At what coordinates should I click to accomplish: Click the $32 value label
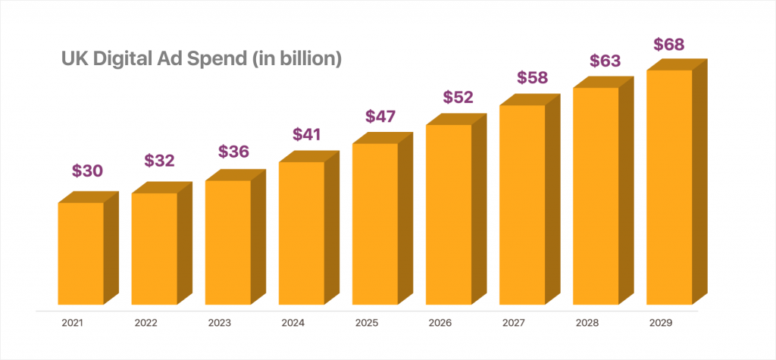click(159, 161)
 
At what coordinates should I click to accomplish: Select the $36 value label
click(233, 152)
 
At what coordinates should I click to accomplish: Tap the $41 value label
click(306, 134)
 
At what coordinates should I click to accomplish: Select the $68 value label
click(669, 44)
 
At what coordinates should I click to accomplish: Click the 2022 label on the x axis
click(147, 322)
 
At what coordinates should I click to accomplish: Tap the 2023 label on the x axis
click(221, 322)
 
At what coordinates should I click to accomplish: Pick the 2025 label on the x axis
click(367, 322)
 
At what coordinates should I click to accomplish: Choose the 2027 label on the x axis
click(514, 322)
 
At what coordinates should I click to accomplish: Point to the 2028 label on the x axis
click(587, 322)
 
